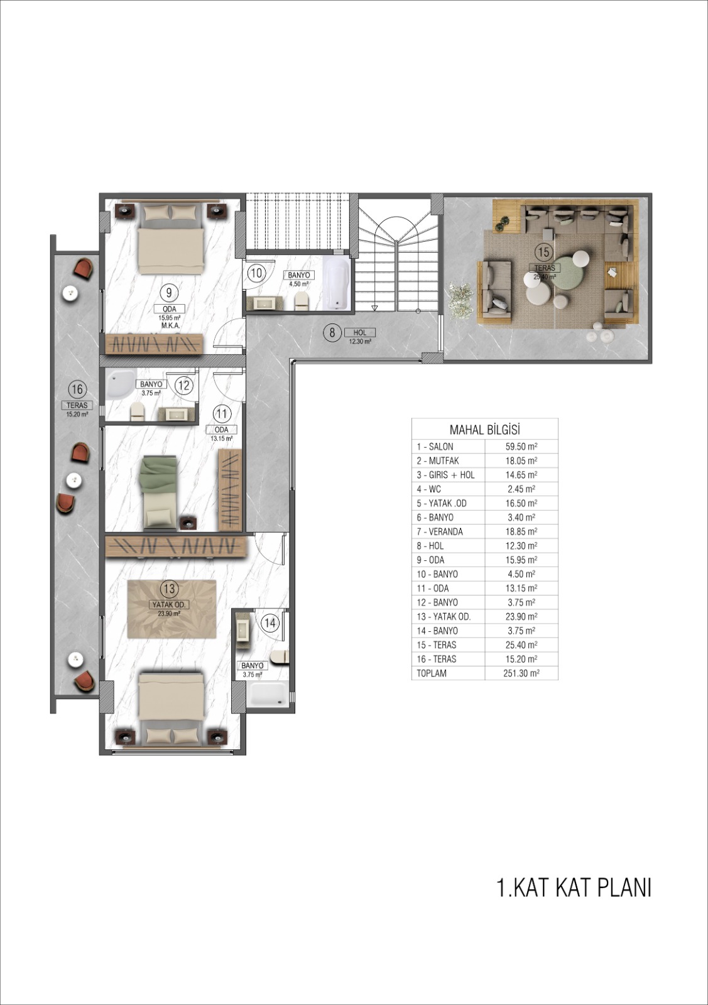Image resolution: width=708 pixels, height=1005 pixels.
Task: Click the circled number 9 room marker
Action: pyautogui.click(x=169, y=293)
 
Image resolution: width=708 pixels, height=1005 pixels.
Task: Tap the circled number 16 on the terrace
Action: pyautogui.click(x=77, y=389)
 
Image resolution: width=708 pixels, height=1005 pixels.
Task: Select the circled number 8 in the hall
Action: pyautogui.click(x=332, y=333)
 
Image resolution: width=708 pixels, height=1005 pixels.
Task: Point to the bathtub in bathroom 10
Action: pyautogui.click(x=337, y=283)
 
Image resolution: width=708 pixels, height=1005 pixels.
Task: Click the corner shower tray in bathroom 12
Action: pyautogui.click(x=120, y=381)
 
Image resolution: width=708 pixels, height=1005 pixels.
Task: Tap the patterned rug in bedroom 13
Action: pyautogui.click(x=172, y=609)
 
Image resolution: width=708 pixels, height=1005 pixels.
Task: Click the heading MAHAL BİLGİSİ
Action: pyautogui.click(x=484, y=430)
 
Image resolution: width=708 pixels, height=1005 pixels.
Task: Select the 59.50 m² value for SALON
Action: pyautogui.click(x=521, y=447)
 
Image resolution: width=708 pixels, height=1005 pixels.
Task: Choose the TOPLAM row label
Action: pyautogui.click(x=432, y=673)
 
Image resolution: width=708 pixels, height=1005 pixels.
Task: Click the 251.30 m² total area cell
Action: pyautogui.click(x=521, y=673)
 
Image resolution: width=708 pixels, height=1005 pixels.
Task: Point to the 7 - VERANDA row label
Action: pyautogui.click(x=440, y=531)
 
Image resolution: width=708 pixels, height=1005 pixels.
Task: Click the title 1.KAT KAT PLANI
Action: pyautogui.click(x=574, y=888)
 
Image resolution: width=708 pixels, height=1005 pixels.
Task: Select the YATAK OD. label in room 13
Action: pyautogui.click(x=169, y=604)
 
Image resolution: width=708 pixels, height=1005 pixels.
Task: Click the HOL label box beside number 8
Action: pyautogui.click(x=360, y=332)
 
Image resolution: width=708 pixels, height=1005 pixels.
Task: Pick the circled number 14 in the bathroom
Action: pyautogui.click(x=270, y=622)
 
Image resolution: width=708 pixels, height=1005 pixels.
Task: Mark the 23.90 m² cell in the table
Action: pyautogui.click(x=521, y=616)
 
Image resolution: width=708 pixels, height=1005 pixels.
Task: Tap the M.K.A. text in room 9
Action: pyautogui.click(x=170, y=325)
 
